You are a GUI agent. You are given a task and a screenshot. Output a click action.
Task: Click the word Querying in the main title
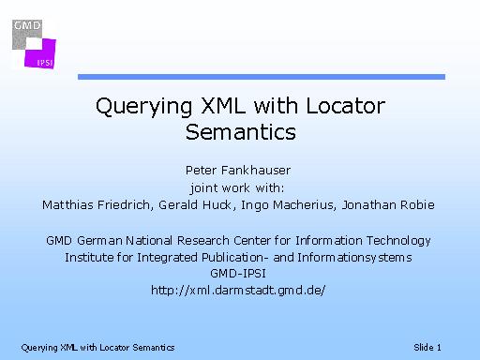click(143, 107)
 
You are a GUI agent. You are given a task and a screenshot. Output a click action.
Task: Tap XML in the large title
click(223, 105)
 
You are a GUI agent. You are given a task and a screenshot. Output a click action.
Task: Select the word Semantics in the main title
click(241, 132)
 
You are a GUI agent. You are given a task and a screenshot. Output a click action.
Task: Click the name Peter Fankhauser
click(238, 171)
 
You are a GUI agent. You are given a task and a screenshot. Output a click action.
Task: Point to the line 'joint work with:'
click(237, 188)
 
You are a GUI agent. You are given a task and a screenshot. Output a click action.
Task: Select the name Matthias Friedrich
click(97, 205)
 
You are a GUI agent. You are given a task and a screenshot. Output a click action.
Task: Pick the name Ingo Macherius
click(289, 205)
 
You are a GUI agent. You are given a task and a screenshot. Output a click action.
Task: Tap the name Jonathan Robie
click(388, 205)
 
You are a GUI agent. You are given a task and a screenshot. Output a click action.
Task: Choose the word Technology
click(398, 241)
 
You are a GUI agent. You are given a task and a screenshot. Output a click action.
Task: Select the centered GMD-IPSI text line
click(238, 274)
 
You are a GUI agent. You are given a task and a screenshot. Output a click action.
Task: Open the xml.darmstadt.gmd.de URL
click(238, 291)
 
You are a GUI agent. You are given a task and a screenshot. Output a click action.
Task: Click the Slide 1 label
click(427, 348)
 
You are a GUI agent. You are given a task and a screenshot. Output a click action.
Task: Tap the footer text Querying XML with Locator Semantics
click(97, 348)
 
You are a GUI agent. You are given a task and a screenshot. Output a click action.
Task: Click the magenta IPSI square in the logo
click(40, 53)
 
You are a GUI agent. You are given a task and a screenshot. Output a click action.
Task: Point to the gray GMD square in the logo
click(27, 35)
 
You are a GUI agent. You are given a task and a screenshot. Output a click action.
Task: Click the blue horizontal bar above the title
click(262, 77)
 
